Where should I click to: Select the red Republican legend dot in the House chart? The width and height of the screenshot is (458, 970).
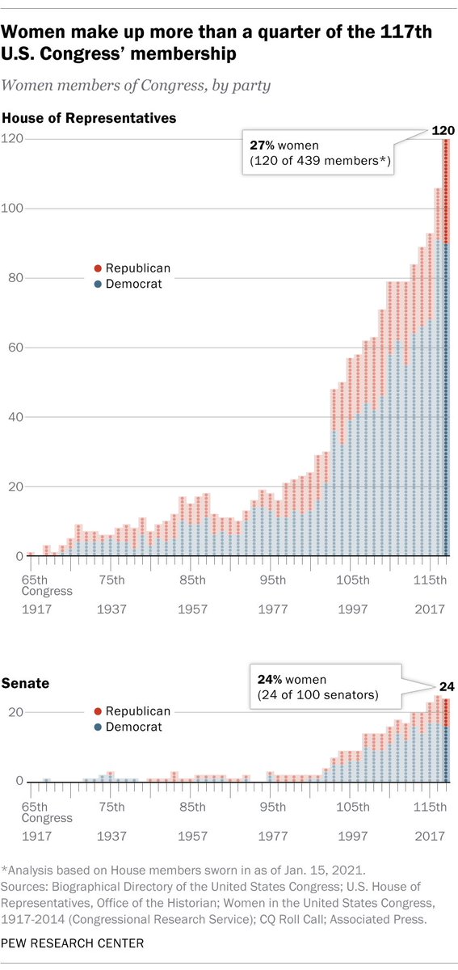coord(99,268)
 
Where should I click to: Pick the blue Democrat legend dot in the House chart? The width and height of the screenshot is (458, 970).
coord(99,285)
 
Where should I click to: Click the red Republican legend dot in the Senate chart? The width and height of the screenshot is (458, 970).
coord(99,711)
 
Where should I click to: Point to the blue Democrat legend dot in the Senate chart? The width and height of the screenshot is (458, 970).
coord(99,727)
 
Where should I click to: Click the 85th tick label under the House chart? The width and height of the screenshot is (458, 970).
coord(192,580)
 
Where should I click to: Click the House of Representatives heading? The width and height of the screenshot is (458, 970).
coord(90,118)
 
